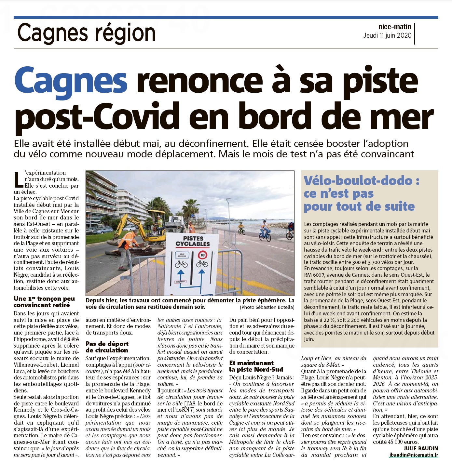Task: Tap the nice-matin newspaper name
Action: (395, 27)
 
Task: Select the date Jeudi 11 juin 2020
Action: (387, 35)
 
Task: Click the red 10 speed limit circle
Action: (202, 255)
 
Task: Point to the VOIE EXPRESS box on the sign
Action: (182, 255)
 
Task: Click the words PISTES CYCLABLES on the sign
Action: (193, 241)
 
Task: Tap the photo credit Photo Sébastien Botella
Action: (267, 307)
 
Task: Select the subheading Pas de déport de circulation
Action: (107, 347)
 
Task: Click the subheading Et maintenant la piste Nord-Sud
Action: (256, 366)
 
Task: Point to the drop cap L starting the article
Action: (19, 180)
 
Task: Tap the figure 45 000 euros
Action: (399, 442)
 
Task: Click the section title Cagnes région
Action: (86, 33)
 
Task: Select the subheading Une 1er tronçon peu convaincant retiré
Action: (44, 302)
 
